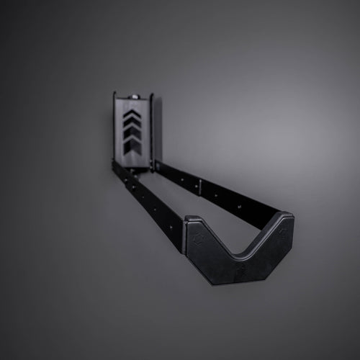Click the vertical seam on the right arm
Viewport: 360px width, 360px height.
coord(201,186)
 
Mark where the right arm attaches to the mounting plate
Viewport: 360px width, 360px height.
coord(156,167)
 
